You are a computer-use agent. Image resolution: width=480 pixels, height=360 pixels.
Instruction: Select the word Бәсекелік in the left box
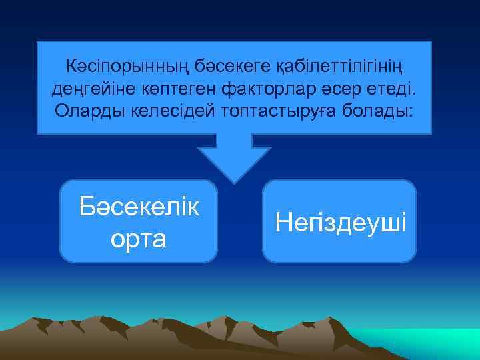[139, 207]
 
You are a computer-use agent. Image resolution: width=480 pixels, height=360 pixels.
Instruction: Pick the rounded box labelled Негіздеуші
[340, 250]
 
